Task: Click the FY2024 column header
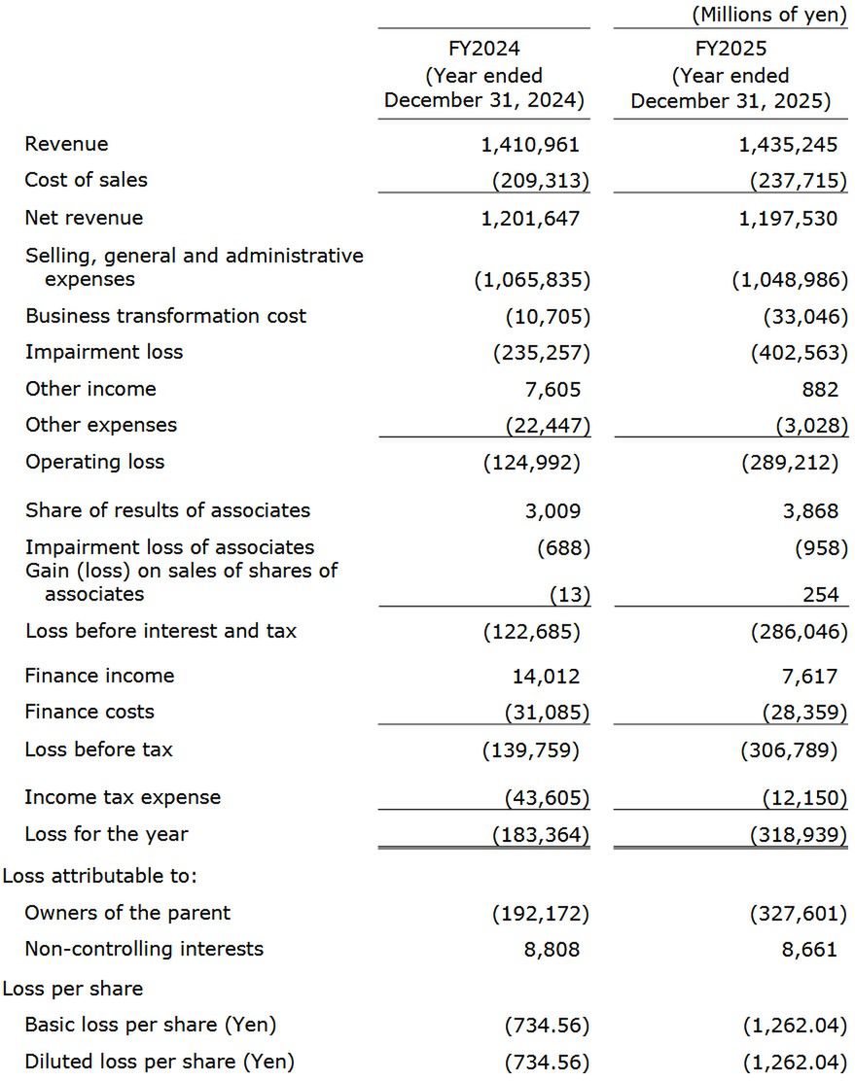[483, 75]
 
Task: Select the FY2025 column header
[730, 75]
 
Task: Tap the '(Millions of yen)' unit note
[768, 16]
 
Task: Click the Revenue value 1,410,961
[530, 145]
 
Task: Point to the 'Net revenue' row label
[84, 218]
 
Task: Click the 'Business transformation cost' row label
[165, 316]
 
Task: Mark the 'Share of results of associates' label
[167, 510]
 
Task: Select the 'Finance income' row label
[99, 676]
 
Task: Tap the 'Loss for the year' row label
[106, 834]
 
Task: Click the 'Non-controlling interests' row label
[144, 949]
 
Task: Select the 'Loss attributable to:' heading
[100, 876]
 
